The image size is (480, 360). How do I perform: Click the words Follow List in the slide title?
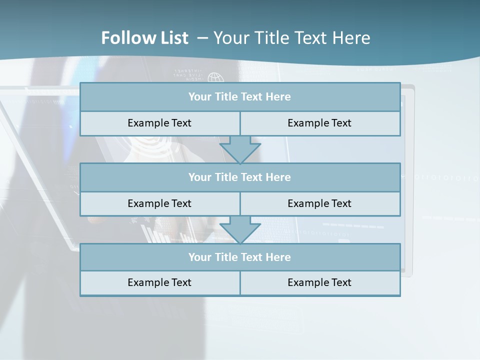[x=145, y=38]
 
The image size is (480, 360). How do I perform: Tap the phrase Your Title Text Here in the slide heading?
[x=292, y=38]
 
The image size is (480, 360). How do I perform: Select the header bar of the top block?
[x=240, y=97]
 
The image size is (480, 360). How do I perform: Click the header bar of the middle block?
[x=240, y=177]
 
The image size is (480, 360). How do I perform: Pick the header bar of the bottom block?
[x=240, y=257]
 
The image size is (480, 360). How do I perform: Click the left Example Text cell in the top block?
[x=159, y=123]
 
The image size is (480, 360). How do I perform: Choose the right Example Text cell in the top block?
[x=319, y=123]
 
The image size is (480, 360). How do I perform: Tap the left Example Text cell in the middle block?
[x=159, y=203]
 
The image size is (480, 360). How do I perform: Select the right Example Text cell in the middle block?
[x=319, y=203]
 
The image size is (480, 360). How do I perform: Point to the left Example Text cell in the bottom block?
[x=159, y=282]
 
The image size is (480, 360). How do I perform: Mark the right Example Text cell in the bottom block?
[x=319, y=282]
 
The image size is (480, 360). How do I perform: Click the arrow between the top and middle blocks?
[x=240, y=149]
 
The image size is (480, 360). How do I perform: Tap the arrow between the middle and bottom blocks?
[x=240, y=229]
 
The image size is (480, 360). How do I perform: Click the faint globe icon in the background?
[x=215, y=78]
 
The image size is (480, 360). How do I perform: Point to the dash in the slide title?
[x=202, y=38]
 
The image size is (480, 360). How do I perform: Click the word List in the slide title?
[x=175, y=38]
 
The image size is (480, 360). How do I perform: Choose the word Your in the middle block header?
[x=200, y=177]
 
